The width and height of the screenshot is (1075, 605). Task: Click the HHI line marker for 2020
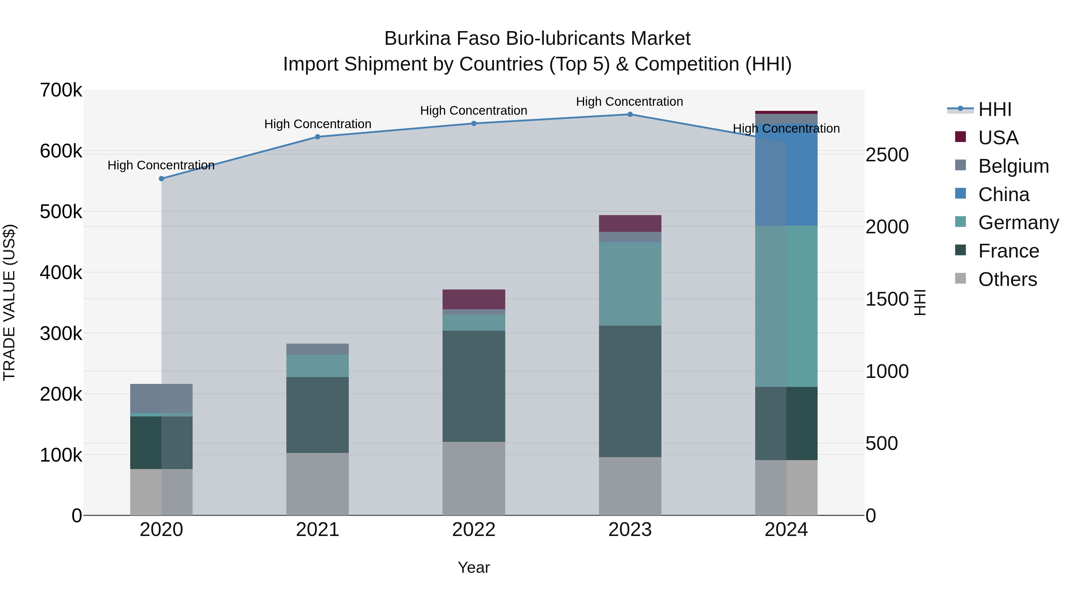162,179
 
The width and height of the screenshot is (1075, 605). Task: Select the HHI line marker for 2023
630,114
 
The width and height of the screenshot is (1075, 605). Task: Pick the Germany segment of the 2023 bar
630,284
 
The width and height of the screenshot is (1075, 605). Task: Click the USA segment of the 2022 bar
474,299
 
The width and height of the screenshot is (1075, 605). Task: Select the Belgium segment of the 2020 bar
162,398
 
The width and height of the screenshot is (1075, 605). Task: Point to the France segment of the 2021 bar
318,415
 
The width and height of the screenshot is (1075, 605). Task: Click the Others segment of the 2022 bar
474,479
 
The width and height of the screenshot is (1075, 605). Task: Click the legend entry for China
1004,194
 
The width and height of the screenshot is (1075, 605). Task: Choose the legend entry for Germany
1018,223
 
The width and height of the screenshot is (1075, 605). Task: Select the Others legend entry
1008,279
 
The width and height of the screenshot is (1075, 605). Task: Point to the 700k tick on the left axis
61,90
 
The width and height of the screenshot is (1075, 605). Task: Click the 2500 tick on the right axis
887,155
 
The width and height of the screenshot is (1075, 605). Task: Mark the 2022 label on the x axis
474,530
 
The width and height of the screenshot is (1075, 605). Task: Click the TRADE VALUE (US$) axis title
9,302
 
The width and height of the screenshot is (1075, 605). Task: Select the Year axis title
474,567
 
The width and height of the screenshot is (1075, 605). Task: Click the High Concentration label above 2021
318,124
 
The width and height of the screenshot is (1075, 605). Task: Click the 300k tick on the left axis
61,334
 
